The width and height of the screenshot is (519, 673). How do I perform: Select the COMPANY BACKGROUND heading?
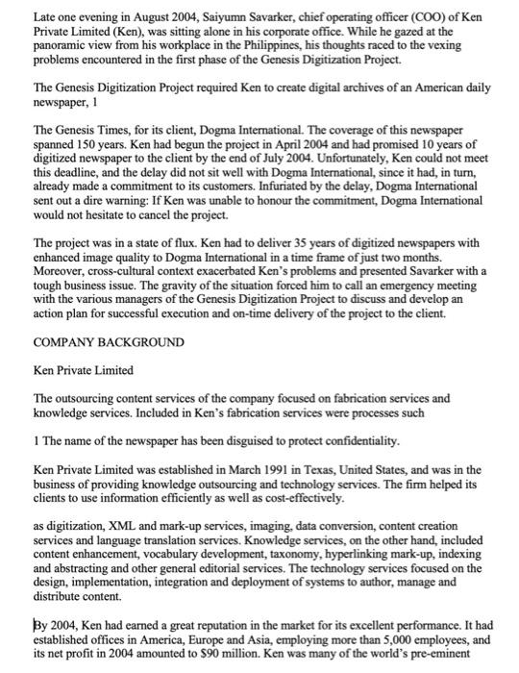coord(110,341)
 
